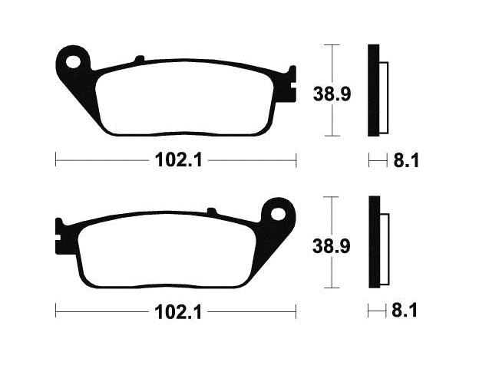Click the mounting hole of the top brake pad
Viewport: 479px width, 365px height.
click(73, 62)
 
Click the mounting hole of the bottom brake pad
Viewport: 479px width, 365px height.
click(278, 213)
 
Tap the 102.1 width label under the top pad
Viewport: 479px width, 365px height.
click(179, 160)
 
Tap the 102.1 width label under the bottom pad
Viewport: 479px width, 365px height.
click(179, 312)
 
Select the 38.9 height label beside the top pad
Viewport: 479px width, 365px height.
click(332, 94)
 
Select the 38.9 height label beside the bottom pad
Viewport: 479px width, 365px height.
click(332, 246)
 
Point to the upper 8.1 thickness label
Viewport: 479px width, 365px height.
click(406, 160)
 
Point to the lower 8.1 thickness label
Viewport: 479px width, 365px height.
click(405, 311)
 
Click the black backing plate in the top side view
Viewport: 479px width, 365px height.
click(373, 90)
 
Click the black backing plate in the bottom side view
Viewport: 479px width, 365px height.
click(375, 242)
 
